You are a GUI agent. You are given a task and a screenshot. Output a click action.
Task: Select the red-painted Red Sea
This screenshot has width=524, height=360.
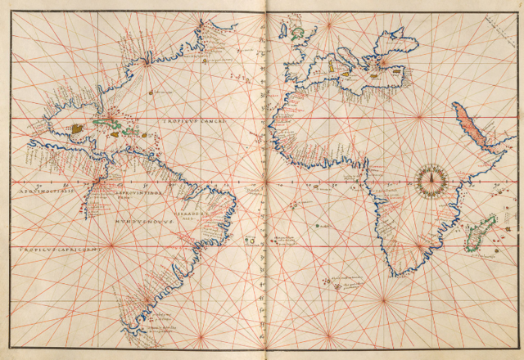tap(471, 127)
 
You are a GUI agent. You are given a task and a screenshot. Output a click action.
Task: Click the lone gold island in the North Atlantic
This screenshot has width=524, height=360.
tap(153, 92)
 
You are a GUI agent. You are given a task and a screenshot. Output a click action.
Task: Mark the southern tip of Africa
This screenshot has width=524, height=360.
tap(399, 272)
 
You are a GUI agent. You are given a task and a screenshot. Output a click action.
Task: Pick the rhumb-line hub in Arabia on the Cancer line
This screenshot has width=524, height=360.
tap(419, 120)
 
